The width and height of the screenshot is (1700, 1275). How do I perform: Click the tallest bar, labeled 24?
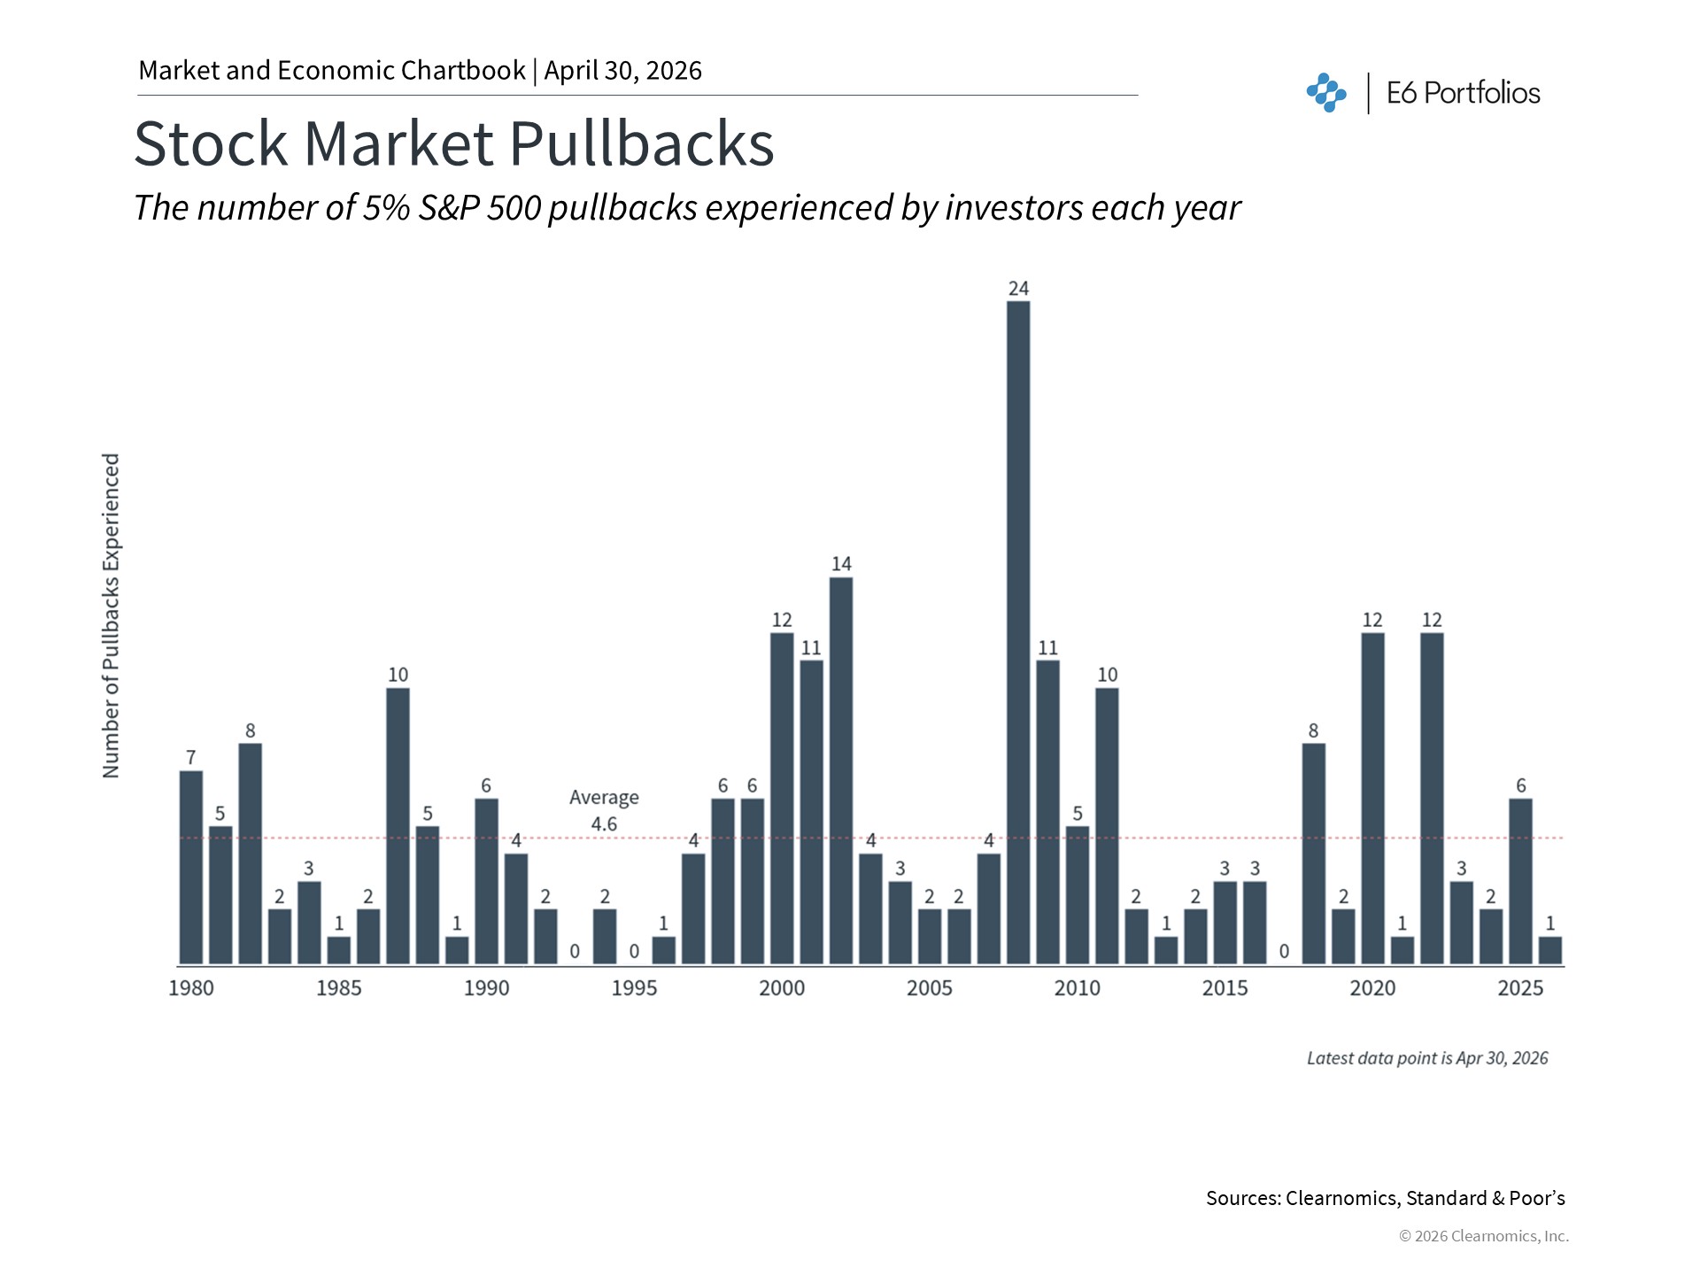1018,632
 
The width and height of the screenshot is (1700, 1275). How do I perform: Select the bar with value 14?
841,770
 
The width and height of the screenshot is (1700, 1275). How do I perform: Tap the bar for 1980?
190,868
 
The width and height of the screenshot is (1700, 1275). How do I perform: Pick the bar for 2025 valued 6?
1520,881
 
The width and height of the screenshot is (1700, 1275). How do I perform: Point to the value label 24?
1018,288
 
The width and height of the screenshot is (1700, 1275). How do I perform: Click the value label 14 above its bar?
841,563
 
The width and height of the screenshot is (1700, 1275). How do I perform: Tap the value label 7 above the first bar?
190,757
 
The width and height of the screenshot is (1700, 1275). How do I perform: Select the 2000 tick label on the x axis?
782,988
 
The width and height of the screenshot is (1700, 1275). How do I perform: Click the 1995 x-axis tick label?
634,988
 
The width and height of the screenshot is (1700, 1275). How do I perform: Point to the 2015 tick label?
1225,988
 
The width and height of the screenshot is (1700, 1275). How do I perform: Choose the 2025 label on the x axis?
1520,988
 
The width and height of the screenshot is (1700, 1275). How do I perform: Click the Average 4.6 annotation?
604,810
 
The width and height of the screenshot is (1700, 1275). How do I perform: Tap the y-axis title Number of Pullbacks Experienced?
111,615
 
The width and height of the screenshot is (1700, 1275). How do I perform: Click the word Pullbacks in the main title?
641,143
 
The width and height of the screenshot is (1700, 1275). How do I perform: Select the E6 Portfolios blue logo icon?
1325,93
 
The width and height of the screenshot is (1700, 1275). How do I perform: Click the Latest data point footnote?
1427,1058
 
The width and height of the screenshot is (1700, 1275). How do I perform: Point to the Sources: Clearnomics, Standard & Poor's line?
1385,1198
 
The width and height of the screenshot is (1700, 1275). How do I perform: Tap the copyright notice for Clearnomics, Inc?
1483,1236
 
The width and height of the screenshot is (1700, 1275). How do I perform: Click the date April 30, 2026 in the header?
622,71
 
